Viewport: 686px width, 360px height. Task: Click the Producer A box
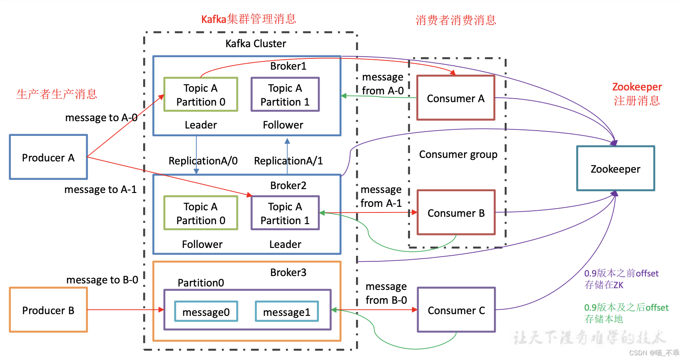(x=48, y=157)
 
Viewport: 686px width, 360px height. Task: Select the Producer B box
(x=48, y=310)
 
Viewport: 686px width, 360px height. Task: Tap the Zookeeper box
(x=615, y=168)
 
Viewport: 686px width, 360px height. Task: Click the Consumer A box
(x=455, y=98)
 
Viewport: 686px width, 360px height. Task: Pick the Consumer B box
(x=456, y=212)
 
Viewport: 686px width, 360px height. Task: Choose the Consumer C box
(x=456, y=310)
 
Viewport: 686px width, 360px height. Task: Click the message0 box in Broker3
(x=206, y=312)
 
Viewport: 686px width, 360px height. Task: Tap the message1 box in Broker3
(x=286, y=312)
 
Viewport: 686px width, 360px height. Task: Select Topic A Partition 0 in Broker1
(x=201, y=95)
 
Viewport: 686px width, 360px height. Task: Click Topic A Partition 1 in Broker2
(x=285, y=213)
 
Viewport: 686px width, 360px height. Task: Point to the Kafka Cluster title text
(x=256, y=44)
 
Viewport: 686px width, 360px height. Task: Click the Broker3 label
(x=288, y=272)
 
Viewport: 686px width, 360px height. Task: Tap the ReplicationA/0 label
(x=203, y=161)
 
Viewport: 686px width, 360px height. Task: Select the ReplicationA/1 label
(x=289, y=161)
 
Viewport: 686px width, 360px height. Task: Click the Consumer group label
(x=458, y=154)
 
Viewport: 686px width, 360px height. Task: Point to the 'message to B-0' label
(x=102, y=280)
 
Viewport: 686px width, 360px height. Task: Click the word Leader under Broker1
(x=201, y=125)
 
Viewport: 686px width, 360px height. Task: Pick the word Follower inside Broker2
(x=202, y=244)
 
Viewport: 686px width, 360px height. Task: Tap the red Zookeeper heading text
(x=637, y=87)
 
